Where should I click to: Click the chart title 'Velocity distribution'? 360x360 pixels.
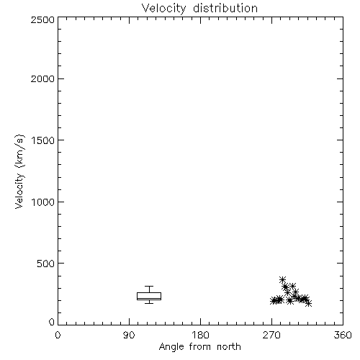tap(199, 9)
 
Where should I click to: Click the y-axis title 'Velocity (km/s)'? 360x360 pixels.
tap(19, 172)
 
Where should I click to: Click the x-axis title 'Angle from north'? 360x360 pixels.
tap(199, 347)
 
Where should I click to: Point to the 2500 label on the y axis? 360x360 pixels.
tap(42, 19)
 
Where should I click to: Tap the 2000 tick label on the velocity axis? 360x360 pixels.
tap(42, 78)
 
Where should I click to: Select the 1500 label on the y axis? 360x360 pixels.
tap(43, 140)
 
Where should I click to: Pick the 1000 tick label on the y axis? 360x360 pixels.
tap(43, 202)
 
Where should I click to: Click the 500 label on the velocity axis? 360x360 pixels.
tap(46, 264)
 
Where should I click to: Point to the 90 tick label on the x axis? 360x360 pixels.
tap(129, 335)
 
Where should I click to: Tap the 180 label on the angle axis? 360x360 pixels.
tap(200, 335)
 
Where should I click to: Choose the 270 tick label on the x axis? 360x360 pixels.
tap(271, 335)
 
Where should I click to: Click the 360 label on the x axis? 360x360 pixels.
tap(343, 335)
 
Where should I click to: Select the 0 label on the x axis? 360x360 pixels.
tap(58, 335)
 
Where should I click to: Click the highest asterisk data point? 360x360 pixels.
tap(282, 279)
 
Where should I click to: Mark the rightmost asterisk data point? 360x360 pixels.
tap(309, 303)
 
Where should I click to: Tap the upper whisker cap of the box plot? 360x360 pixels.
tap(149, 286)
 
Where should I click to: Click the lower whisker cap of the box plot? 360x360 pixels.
tap(149, 303)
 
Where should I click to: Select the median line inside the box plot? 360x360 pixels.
tap(149, 298)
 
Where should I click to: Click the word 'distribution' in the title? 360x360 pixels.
tap(225, 9)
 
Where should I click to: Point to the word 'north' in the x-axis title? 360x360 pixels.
tap(229, 347)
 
